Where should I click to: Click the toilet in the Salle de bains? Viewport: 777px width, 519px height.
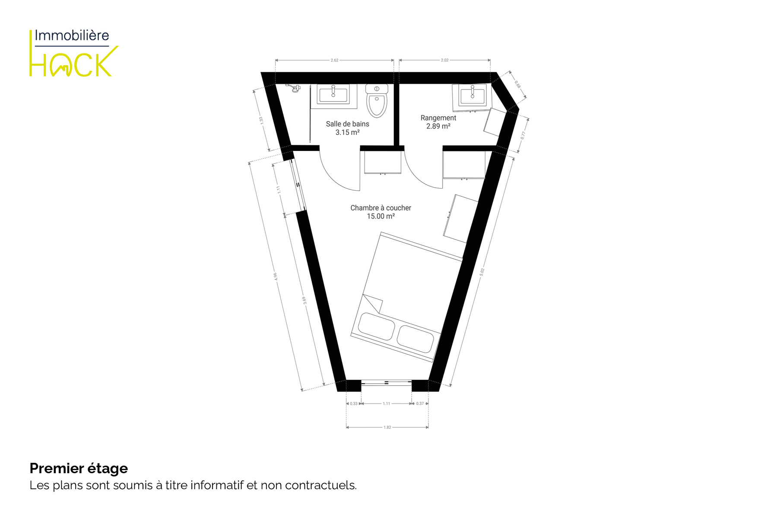(377, 101)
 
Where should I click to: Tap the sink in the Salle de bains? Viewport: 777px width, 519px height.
(333, 94)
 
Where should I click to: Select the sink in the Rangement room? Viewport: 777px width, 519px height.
(472, 95)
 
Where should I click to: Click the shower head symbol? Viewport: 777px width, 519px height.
(294, 88)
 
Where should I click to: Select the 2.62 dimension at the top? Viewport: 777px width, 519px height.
(334, 60)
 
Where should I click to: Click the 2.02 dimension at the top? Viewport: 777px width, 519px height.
(444, 60)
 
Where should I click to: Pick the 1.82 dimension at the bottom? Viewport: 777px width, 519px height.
(387, 427)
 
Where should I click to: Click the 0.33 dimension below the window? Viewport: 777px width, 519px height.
(354, 404)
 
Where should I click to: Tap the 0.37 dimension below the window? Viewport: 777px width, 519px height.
(420, 404)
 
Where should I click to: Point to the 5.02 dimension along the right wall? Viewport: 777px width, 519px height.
(482, 272)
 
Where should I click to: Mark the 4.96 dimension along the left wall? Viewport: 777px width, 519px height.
(275, 276)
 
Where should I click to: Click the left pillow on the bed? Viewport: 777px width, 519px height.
(376, 326)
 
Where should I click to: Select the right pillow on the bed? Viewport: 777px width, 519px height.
(415, 339)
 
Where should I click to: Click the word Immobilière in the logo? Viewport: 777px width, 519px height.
(72, 35)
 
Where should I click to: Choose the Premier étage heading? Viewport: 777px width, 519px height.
(79, 468)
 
